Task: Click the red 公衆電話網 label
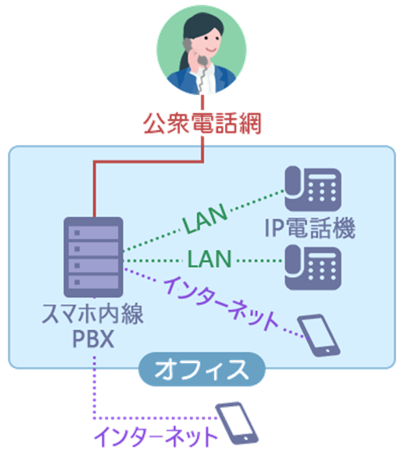click(202, 123)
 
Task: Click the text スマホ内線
click(92, 316)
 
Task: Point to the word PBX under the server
click(93, 339)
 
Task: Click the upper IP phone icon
click(313, 190)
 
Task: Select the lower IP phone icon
click(313, 265)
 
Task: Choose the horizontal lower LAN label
click(209, 260)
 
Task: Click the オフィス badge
click(201, 370)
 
